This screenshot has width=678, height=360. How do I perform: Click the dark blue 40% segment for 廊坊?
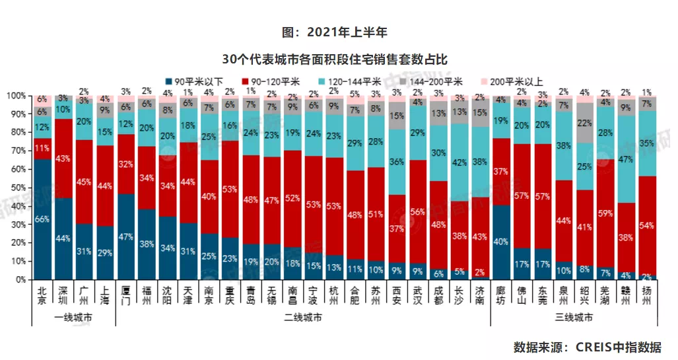tap(502, 242)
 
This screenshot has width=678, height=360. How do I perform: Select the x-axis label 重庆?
tap(230, 295)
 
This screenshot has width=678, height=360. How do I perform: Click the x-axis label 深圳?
tap(64, 295)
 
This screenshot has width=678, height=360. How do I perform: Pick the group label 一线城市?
tap(73, 318)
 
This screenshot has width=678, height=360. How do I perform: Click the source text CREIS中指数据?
tap(616, 347)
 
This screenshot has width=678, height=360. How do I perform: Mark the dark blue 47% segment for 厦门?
tap(127, 236)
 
